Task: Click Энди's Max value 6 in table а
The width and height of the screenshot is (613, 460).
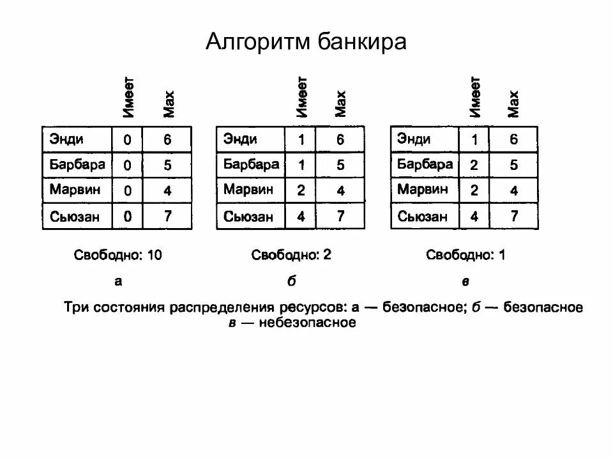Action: pyautogui.click(x=167, y=139)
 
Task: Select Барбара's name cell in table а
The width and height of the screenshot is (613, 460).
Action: pyautogui.click(x=77, y=165)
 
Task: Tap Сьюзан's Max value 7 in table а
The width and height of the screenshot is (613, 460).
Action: pyautogui.click(x=167, y=217)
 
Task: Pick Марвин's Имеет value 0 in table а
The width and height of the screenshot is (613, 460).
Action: pyautogui.click(x=128, y=191)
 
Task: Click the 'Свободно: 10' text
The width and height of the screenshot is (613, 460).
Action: pyautogui.click(x=118, y=256)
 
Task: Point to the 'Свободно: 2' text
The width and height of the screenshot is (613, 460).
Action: pyautogui.click(x=291, y=256)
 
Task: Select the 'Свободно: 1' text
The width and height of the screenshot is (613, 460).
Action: pyautogui.click(x=466, y=256)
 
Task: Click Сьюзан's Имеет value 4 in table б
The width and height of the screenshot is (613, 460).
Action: pyautogui.click(x=301, y=217)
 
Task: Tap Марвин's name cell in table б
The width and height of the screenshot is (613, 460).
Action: pyautogui.click(x=248, y=190)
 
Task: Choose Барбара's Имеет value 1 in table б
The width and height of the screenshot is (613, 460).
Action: pyautogui.click(x=301, y=165)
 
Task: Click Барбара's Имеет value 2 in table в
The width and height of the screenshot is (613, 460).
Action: pyautogui.click(x=474, y=165)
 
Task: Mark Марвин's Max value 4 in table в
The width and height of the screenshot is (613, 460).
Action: pyautogui.click(x=514, y=190)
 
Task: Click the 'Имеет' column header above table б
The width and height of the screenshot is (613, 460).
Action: pyautogui.click(x=302, y=97)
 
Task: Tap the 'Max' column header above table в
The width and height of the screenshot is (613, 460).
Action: pyautogui.click(x=513, y=103)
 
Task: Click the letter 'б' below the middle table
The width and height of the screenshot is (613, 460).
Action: pyautogui.click(x=292, y=281)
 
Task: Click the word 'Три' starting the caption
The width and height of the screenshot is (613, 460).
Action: pyautogui.click(x=76, y=308)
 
